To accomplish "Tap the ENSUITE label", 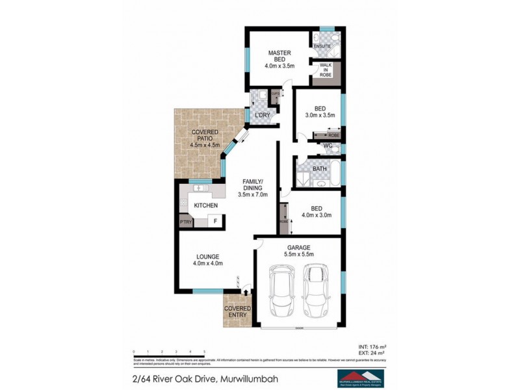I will click(x=322, y=46).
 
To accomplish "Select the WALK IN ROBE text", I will click(x=325, y=70).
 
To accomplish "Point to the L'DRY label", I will click(x=262, y=115).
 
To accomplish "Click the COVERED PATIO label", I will click(x=205, y=138).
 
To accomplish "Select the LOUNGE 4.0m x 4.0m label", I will click(x=207, y=260).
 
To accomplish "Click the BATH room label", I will click(x=319, y=169).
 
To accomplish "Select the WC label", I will click(x=328, y=146).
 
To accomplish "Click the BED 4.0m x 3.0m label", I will click(x=317, y=212).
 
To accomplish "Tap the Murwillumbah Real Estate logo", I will click(x=360, y=378).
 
